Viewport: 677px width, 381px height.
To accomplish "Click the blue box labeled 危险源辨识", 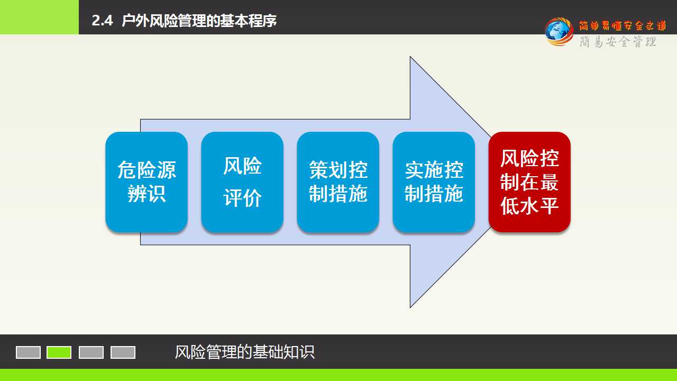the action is pos(147,182).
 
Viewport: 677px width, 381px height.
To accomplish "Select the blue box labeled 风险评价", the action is pos(242,182).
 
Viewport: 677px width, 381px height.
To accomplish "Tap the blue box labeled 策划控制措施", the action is pos(338,182).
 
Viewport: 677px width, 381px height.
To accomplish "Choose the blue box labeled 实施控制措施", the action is pos(434,182).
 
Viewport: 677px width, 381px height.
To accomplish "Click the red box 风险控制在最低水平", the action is pos(529,182).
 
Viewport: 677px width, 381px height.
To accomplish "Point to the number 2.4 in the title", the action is pos(102,21).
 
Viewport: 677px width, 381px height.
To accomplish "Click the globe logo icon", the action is pos(559,32).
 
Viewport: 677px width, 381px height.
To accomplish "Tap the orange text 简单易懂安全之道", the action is pos(623,26).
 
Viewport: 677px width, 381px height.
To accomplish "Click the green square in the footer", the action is pos(59,352).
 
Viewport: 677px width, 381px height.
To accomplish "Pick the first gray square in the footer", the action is pos(28,352).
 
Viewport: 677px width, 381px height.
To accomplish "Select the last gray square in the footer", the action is pos(123,352).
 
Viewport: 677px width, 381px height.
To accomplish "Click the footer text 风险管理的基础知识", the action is pos(245,352).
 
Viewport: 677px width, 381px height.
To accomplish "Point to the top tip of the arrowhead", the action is pos(410,57).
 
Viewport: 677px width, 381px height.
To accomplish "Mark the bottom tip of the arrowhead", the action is pos(410,307).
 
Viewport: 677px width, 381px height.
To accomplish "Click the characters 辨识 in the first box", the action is pos(147,194).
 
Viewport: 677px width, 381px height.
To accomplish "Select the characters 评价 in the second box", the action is pos(242,198).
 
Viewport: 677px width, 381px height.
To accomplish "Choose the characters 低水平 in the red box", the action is pos(529,206).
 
